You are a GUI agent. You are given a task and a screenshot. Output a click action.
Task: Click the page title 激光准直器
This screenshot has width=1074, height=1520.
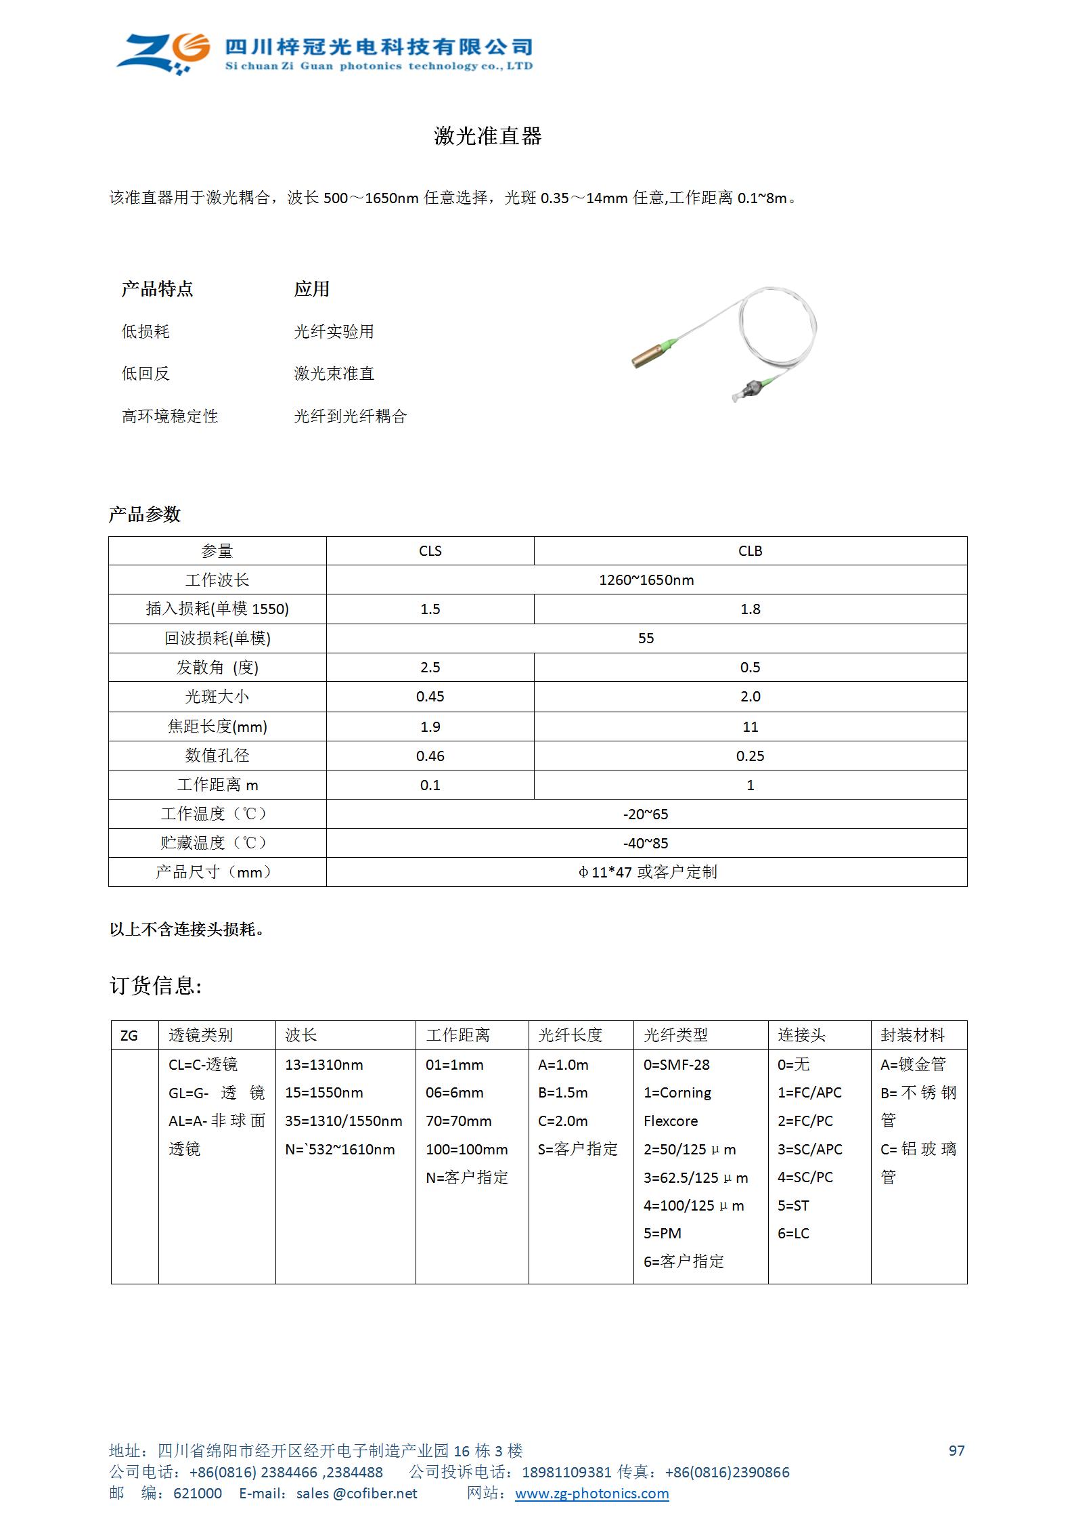click(x=487, y=136)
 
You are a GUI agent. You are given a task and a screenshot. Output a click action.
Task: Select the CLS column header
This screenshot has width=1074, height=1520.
click(x=430, y=551)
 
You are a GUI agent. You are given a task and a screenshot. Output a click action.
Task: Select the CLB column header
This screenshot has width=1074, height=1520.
click(x=750, y=551)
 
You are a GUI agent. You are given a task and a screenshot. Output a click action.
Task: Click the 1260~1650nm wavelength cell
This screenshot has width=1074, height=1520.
click(x=646, y=580)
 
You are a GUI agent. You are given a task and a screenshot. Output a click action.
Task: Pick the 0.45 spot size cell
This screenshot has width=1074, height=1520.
click(x=430, y=697)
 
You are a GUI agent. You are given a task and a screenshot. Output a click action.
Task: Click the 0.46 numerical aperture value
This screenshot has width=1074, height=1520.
click(x=430, y=756)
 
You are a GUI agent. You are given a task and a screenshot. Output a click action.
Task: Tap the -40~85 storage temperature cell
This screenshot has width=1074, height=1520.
click(x=646, y=843)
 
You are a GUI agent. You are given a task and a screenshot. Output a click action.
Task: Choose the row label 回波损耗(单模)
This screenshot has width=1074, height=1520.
click(x=217, y=638)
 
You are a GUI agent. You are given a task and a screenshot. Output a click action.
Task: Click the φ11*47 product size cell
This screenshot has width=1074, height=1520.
click(x=646, y=872)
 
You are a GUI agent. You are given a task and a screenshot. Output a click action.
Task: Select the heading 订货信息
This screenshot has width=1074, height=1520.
click(x=156, y=986)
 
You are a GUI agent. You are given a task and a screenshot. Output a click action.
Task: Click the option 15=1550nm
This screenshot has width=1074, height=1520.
click(x=323, y=1093)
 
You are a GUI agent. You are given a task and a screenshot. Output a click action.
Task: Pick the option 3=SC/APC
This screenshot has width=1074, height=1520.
click(x=809, y=1150)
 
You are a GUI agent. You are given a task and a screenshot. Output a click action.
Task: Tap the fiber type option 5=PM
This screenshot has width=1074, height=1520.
click(x=662, y=1234)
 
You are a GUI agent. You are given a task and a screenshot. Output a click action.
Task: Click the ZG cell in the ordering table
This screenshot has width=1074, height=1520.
click(x=129, y=1036)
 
